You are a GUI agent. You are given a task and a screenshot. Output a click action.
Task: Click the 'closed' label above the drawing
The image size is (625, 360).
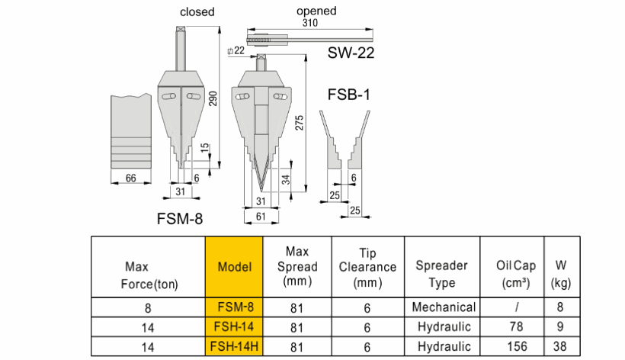point(197,12)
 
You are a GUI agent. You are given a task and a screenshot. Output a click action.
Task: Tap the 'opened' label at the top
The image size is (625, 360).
point(316,11)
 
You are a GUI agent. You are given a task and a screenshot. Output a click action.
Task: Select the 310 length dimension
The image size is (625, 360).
point(309,24)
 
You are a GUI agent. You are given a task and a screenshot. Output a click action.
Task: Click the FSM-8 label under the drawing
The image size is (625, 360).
point(179,218)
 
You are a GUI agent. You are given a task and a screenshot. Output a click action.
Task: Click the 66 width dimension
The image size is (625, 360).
point(130,178)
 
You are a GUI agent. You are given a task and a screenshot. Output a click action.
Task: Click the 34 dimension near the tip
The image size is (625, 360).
point(284,180)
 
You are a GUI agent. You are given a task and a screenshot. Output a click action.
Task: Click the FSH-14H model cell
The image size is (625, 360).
point(234,346)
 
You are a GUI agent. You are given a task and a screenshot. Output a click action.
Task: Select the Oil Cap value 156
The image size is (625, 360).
point(511,346)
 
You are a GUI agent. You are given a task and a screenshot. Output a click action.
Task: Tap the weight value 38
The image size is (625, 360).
point(560,346)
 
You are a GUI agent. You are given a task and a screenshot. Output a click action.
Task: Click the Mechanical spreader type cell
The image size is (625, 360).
point(443,307)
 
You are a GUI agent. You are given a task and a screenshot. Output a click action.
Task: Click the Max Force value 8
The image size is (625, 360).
point(148,307)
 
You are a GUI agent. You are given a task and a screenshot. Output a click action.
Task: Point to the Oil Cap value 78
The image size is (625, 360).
point(511,327)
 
